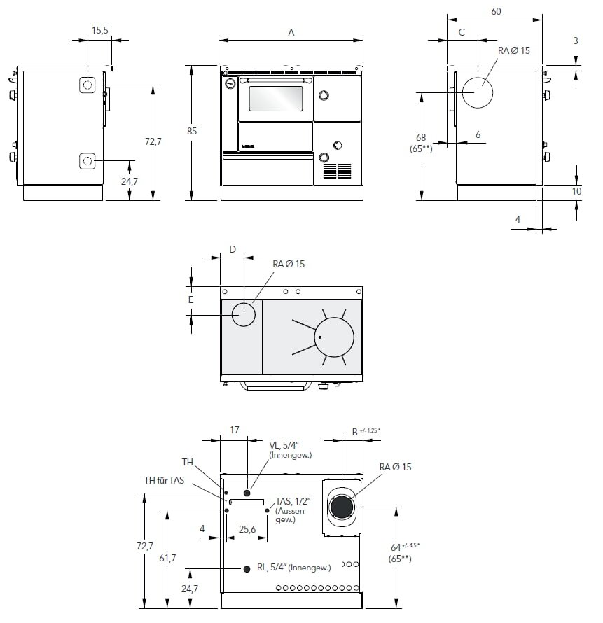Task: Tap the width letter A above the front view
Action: tap(291, 32)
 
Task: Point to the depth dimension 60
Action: tap(496, 11)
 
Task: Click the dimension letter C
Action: tap(462, 32)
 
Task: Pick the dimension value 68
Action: tap(421, 137)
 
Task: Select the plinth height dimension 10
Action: tap(576, 190)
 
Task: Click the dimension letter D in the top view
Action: tap(233, 249)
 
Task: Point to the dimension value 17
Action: tap(235, 431)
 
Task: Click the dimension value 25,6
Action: tap(247, 529)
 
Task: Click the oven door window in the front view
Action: tap(277, 99)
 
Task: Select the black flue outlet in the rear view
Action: tap(342, 505)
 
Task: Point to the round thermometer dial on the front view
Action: tap(230, 84)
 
